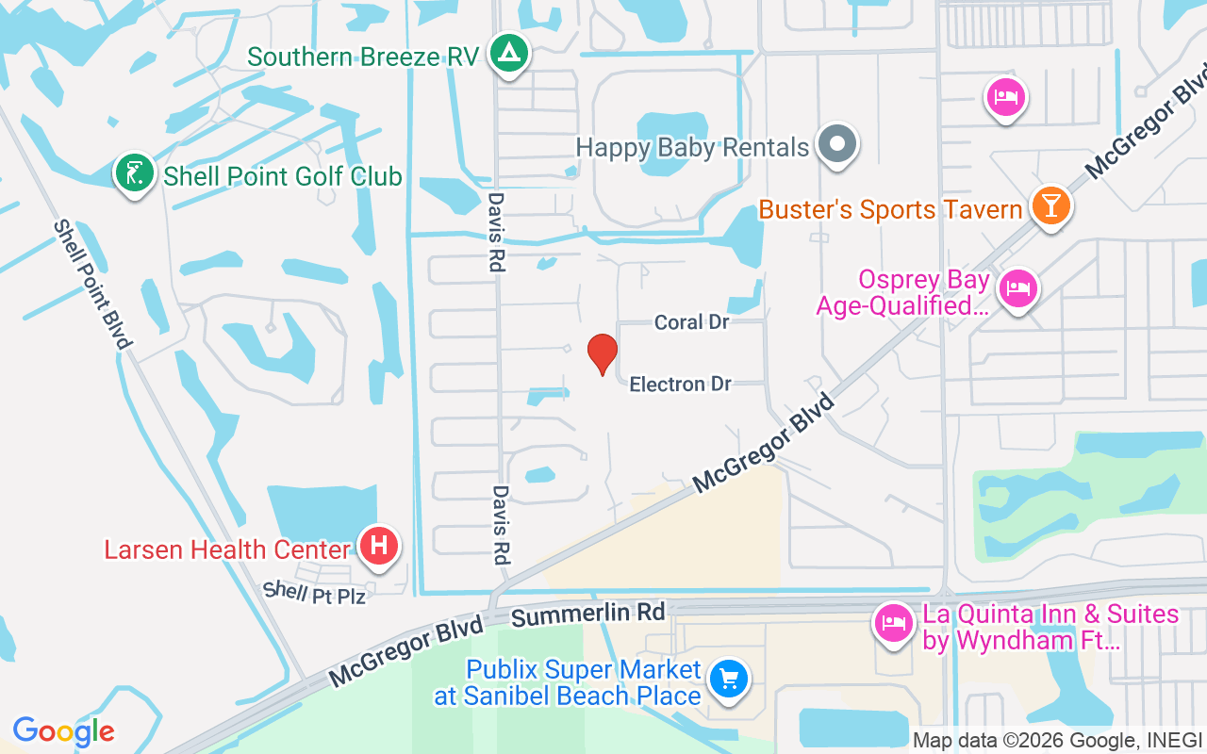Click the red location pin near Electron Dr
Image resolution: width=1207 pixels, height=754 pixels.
tap(603, 354)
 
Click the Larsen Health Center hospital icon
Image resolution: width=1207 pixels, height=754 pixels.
tap(379, 546)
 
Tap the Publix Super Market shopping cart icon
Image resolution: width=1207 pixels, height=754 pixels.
tap(728, 678)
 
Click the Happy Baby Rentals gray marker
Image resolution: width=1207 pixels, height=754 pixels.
tap(836, 145)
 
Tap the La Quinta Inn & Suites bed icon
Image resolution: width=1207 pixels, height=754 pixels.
tap(893, 623)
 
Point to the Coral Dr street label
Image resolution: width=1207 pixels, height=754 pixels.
tap(692, 322)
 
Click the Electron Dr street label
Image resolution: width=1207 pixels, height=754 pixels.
tap(681, 385)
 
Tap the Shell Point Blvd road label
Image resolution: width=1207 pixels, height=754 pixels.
tap(91, 284)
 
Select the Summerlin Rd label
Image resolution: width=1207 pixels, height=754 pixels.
tap(588, 614)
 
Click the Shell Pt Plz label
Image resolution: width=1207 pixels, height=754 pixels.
tap(313, 593)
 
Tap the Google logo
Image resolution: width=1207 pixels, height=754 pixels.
tap(63, 731)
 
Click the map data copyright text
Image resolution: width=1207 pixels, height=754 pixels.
tap(1057, 740)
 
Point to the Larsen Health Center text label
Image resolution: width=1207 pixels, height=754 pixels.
tap(225, 549)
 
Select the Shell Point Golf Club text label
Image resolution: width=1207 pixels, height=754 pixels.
tap(283, 176)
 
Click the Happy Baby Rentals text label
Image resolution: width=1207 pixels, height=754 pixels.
tap(692, 147)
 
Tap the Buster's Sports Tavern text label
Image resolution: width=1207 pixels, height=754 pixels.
tap(891, 209)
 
